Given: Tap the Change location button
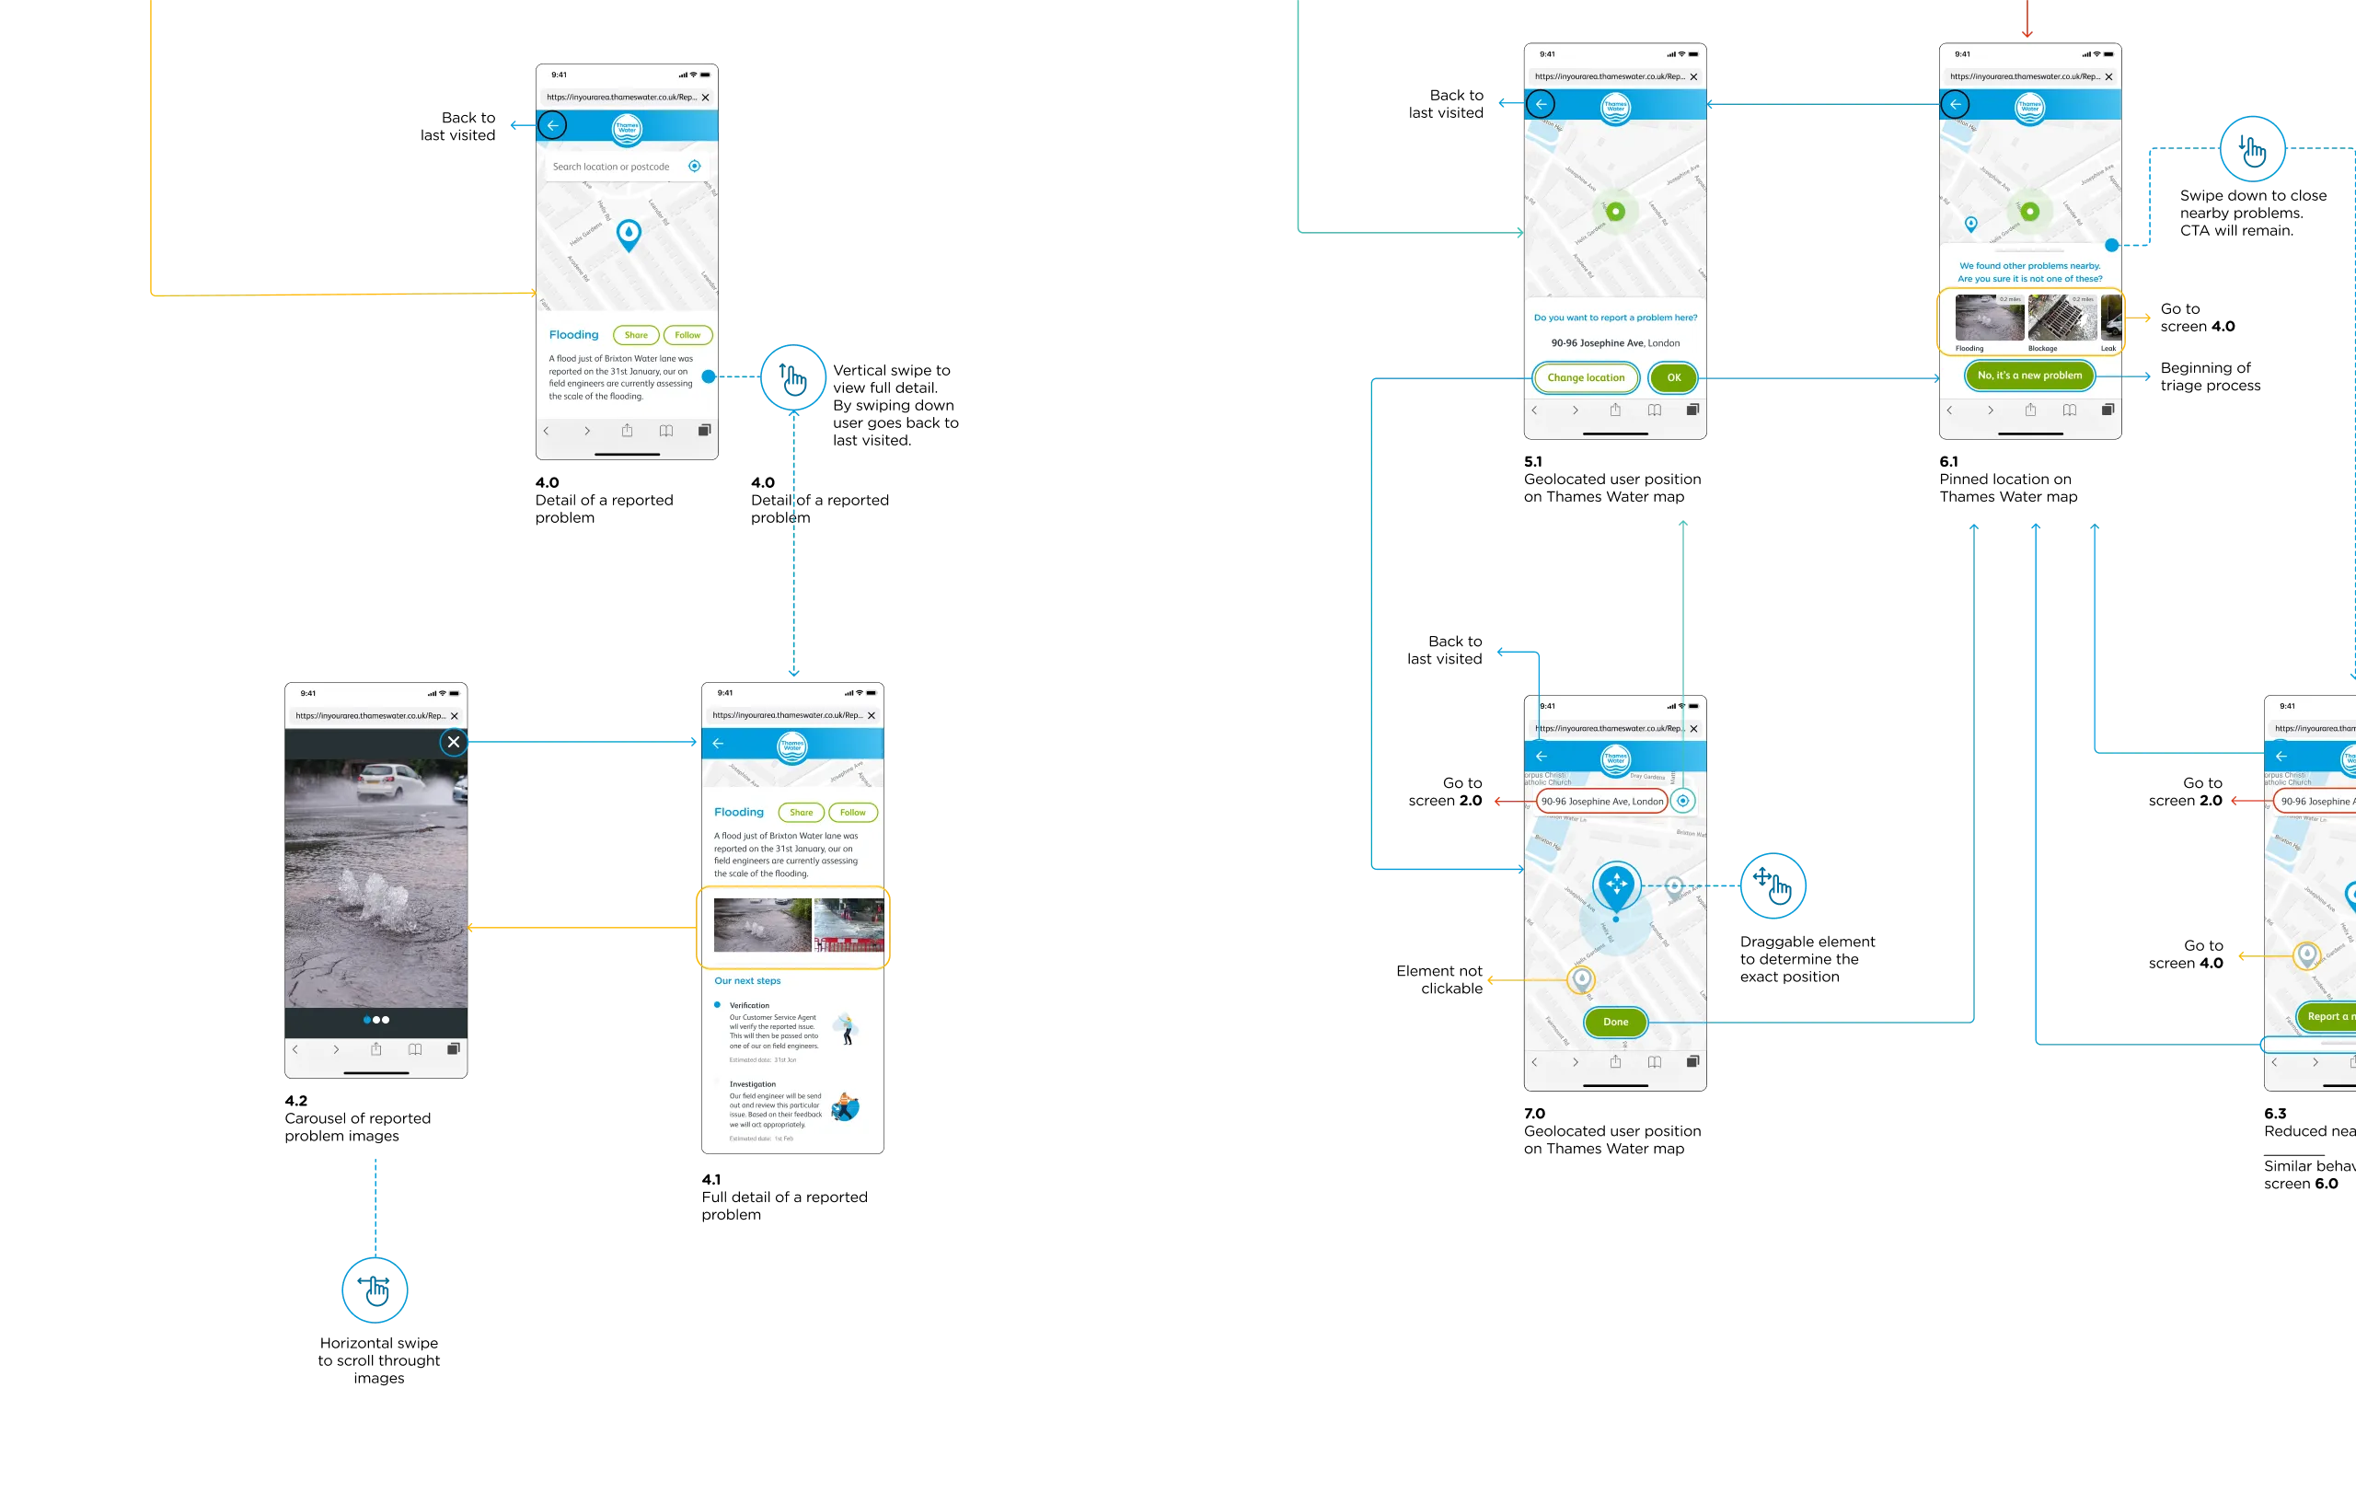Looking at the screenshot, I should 1585,377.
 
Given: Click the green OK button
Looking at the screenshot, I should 1673,377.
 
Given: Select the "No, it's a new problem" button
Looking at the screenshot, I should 2029,376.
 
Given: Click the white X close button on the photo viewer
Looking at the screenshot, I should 453,742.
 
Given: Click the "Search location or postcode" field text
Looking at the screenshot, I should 610,168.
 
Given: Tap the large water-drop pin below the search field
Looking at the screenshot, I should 629,235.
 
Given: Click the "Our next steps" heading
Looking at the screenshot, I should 747,980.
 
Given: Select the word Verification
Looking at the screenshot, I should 749,1006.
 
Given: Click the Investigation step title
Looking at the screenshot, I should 753,1084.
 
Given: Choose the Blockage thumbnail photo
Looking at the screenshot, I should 2061,319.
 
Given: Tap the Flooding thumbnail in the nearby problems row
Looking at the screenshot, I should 1989,319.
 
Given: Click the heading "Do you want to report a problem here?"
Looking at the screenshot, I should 1615,318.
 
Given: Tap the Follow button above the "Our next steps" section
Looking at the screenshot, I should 852,812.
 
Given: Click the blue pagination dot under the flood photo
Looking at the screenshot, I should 367,1020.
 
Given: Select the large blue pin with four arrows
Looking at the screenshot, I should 1616,885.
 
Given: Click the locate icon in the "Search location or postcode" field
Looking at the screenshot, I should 695,167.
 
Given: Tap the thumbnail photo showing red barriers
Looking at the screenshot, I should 849,924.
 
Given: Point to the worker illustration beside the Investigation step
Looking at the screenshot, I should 844,1106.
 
